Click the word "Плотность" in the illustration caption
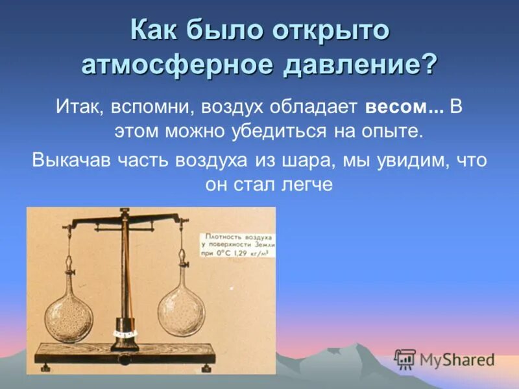[x=224, y=237]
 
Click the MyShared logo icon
[x=404, y=359]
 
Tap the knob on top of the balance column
[x=122, y=211]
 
